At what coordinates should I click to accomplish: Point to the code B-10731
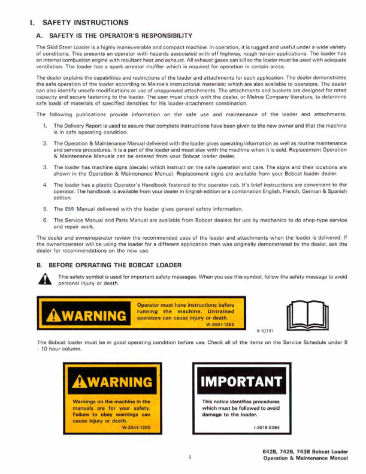265,330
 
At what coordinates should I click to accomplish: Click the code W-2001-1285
219,324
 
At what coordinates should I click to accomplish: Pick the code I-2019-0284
267,427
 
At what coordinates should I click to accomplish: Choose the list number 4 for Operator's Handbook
45,185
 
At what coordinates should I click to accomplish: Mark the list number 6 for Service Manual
45,221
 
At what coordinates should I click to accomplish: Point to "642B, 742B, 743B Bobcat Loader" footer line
305,451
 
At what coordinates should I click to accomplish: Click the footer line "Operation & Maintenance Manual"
305,458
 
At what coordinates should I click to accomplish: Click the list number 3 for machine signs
45,167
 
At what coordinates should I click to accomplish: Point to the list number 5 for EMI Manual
45,209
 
